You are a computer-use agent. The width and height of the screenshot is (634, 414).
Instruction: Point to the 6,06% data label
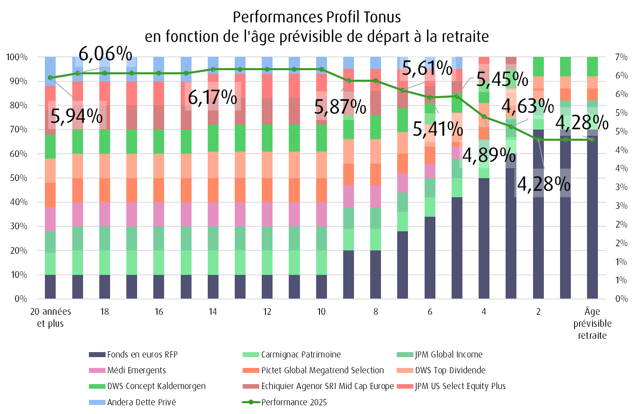pyautogui.click(x=106, y=54)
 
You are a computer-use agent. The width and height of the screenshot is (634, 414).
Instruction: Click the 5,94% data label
pyautogui.click(x=77, y=116)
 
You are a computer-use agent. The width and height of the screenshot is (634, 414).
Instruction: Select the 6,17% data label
pyautogui.click(x=213, y=97)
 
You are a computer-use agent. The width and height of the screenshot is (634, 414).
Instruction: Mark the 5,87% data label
pyautogui.click(x=340, y=107)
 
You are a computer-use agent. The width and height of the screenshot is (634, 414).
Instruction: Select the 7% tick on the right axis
pyautogui.click(x=621, y=57)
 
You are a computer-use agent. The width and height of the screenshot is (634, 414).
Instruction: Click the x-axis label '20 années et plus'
pyautogui.click(x=50, y=317)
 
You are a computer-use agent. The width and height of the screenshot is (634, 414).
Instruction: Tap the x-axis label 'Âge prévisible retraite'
pyautogui.click(x=592, y=323)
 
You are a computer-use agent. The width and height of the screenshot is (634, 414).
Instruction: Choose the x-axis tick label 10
pyautogui.click(x=321, y=311)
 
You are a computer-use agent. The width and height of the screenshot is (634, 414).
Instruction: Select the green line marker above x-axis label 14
pyautogui.click(x=213, y=69)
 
